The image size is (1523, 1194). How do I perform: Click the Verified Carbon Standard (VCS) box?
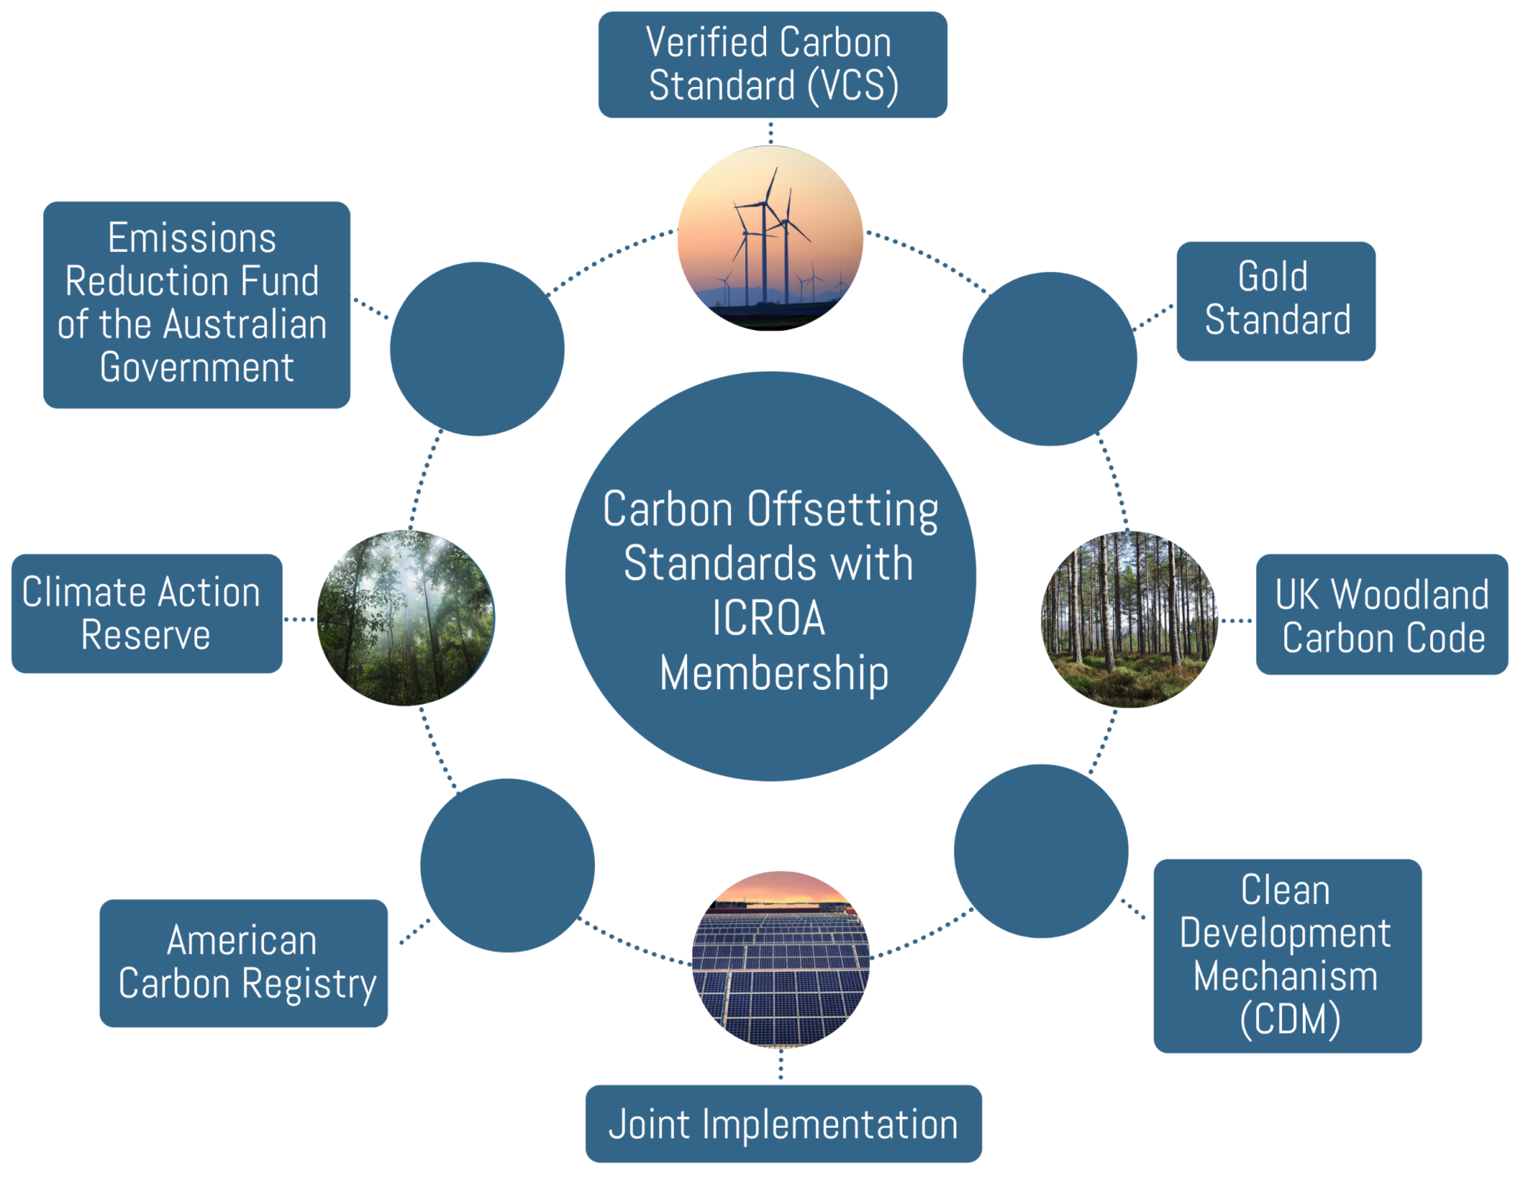tap(772, 65)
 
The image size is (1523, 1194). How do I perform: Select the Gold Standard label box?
tap(1275, 301)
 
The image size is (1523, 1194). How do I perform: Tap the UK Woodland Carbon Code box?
tap(1382, 614)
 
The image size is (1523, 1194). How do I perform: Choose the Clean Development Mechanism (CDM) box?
tap(1287, 955)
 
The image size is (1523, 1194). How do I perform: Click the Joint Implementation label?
tap(783, 1123)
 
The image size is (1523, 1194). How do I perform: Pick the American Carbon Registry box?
tap(244, 963)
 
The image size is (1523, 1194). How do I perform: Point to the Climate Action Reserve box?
tap(146, 613)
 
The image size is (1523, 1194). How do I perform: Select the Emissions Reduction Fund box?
tap(196, 304)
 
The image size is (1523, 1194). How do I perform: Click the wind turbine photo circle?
tap(770, 238)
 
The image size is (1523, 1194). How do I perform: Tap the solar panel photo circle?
tap(780, 959)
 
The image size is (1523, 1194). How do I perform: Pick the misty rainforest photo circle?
tap(406, 617)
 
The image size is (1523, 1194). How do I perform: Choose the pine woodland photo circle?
tap(1129, 619)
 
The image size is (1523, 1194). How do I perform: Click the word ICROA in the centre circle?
tap(769, 619)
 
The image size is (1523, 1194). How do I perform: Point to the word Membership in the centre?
tap(773, 674)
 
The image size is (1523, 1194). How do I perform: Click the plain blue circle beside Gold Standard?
tap(1049, 359)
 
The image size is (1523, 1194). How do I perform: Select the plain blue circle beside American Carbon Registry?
tap(507, 865)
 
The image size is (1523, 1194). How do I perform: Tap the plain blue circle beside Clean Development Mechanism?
tap(1040, 851)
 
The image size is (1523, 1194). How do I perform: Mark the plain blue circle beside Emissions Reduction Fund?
tap(477, 349)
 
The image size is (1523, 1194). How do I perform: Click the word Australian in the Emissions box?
tap(245, 325)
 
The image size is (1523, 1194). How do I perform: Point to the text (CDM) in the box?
tap(1290, 1019)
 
